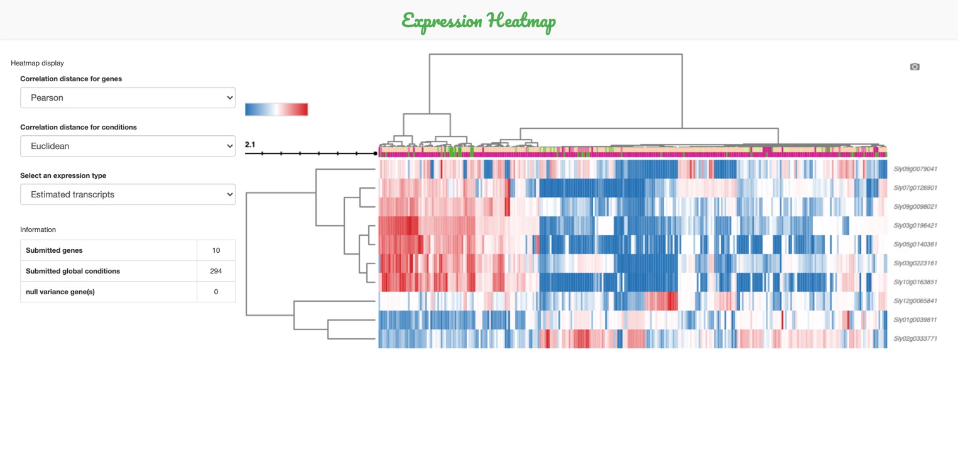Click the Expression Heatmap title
point(479,21)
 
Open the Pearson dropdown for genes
point(128,97)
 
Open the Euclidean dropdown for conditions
point(128,146)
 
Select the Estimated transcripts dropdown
point(128,194)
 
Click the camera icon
point(915,67)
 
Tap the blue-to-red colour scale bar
point(276,109)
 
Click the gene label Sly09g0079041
point(915,169)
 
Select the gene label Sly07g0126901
point(915,187)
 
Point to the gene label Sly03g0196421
point(915,225)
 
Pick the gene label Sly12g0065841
point(915,301)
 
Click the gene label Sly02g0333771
point(915,338)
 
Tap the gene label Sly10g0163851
point(915,282)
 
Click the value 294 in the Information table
point(216,271)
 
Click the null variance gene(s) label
point(60,292)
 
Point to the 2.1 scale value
point(250,145)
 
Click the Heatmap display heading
point(37,63)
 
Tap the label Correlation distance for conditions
point(79,127)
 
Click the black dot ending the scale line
point(376,153)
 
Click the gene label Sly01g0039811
point(915,319)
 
